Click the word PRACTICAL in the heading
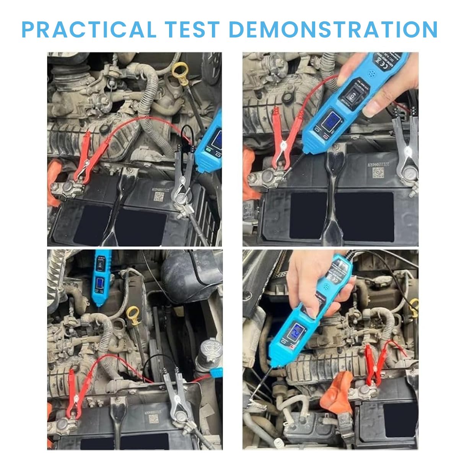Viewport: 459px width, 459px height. pos(89,29)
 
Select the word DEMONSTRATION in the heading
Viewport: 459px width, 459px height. pos(333,29)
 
